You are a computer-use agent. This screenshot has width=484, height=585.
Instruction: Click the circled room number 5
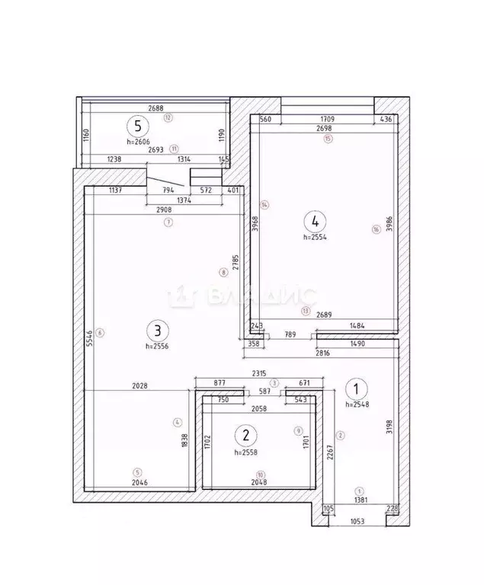click(138, 126)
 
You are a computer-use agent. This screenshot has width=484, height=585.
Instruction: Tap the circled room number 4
click(314, 222)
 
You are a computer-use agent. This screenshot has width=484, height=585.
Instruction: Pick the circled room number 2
click(246, 435)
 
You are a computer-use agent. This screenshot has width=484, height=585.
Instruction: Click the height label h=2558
click(250, 451)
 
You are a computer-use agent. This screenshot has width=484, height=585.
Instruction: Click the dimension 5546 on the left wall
click(89, 337)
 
